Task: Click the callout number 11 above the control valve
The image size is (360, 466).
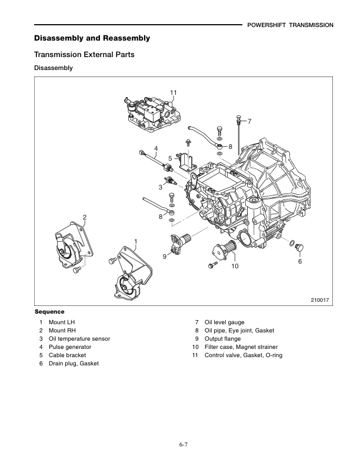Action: [174, 92]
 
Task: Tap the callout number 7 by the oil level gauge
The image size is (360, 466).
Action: [249, 121]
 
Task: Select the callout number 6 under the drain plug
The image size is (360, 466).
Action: [299, 261]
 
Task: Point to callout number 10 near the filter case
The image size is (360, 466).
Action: [235, 267]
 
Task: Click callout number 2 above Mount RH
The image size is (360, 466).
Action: [85, 218]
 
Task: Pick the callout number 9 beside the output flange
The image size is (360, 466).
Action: [166, 256]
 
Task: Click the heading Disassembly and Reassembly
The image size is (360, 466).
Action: [92, 38]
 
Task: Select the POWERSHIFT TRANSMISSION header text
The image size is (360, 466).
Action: [290, 25]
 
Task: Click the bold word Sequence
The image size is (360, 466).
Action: [49, 311]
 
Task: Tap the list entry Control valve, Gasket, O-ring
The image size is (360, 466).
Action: [243, 355]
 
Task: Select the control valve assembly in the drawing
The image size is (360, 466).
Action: [151, 113]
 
